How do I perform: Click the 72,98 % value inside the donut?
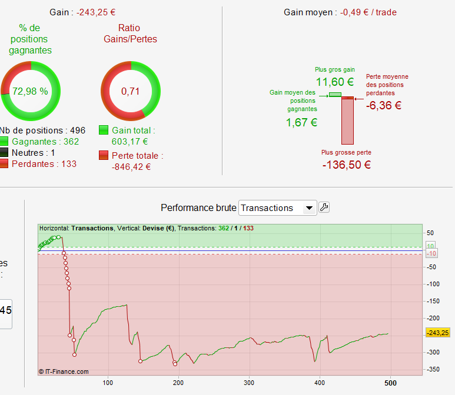pyautogui.click(x=30, y=92)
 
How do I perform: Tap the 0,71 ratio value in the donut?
pyautogui.click(x=131, y=92)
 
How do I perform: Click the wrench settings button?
pyautogui.click(x=324, y=207)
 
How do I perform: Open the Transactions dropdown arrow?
pyautogui.click(x=308, y=208)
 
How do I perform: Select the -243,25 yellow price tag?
pyautogui.click(x=437, y=333)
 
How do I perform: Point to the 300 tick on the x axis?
pyautogui.click(x=250, y=381)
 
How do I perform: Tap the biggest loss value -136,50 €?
pyautogui.click(x=346, y=165)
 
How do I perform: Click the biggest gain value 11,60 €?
pyautogui.click(x=335, y=82)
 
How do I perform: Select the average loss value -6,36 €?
pyautogui.click(x=384, y=106)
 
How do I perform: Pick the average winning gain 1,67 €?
pyautogui.click(x=301, y=122)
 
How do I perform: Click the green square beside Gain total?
pyautogui.click(x=104, y=130)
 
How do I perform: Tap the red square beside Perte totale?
pyautogui.click(x=104, y=156)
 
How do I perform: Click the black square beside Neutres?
pyautogui.click(x=4, y=153)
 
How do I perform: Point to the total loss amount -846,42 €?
pyautogui.click(x=131, y=166)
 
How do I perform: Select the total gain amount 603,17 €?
pyautogui.click(x=130, y=141)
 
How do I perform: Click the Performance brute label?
pyautogui.click(x=198, y=208)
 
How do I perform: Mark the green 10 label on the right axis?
pyautogui.click(x=431, y=246)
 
